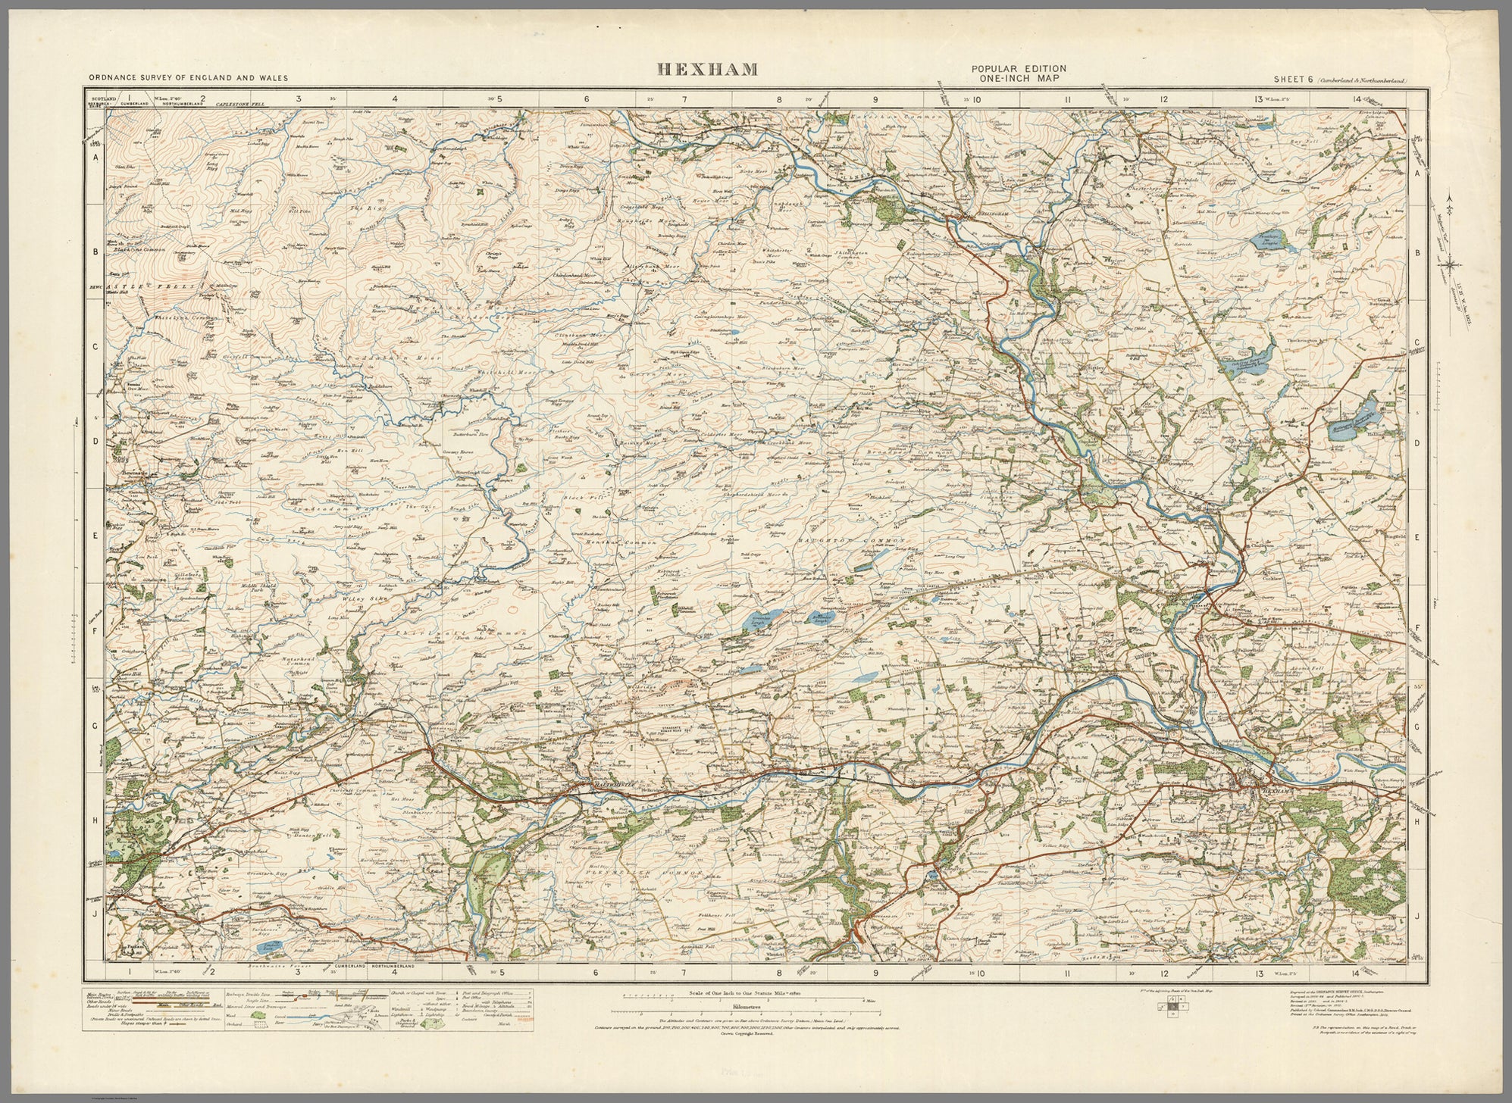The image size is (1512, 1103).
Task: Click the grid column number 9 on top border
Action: (875, 98)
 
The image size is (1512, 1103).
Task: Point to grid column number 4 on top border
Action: (395, 98)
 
